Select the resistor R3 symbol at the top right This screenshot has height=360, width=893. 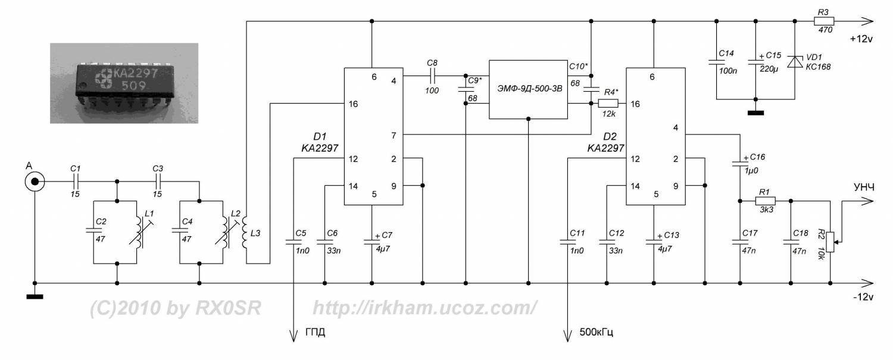(824, 21)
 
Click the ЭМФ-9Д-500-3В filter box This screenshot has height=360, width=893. (527, 89)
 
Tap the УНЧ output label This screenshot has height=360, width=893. (863, 187)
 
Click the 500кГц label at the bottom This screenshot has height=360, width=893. (596, 331)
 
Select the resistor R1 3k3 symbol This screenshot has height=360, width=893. (764, 201)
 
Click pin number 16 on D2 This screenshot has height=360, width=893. (635, 104)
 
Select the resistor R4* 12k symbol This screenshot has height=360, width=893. (609, 104)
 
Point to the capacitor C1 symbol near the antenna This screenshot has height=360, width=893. (76, 181)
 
